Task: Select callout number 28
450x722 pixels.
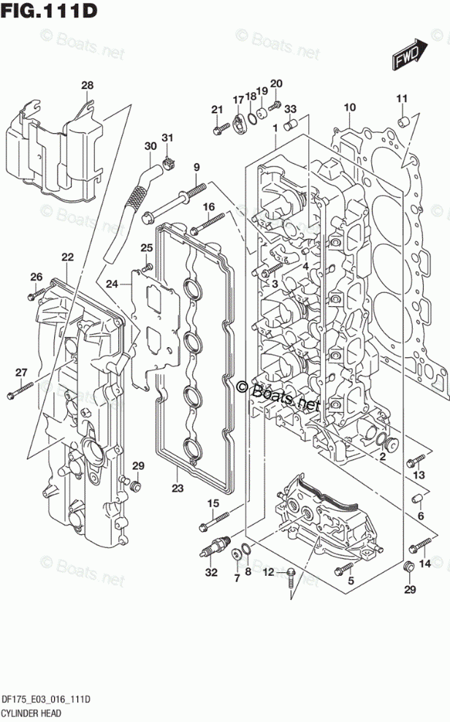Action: [x=88, y=86]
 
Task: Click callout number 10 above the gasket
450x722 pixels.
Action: [x=349, y=107]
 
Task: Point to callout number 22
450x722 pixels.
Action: [x=68, y=256]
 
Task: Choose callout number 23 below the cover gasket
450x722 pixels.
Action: [x=178, y=488]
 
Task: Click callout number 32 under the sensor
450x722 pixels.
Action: [x=211, y=572]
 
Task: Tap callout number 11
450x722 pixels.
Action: [x=401, y=99]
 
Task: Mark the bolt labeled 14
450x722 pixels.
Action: [x=422, y=544]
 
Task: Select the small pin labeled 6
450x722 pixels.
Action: [x=419, y=498]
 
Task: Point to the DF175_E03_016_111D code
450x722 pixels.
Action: [x=45, y=699]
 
